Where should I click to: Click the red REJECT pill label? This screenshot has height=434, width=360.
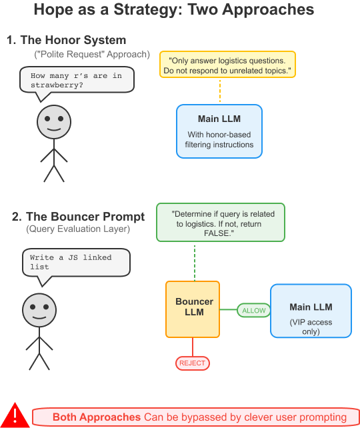[193, 363]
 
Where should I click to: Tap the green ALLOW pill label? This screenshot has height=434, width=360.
[253, 310]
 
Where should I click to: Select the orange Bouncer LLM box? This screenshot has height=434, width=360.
[193, 309]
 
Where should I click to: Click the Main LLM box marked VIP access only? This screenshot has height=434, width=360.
[311, 311]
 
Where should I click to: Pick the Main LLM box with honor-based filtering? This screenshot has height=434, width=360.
[219, 131]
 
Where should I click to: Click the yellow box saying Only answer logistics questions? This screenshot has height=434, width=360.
[227, 64]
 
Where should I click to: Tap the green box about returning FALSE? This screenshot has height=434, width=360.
[221, 222]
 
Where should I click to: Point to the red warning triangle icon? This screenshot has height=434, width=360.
[15, 415]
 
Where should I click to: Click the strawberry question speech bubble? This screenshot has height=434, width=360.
[77, 80]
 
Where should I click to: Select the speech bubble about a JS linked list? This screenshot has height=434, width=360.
[76, 263]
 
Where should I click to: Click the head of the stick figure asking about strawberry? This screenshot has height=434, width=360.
[54, 122]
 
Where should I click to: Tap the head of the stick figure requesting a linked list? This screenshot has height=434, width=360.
[39, 310]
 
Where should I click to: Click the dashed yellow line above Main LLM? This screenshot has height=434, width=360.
[220, 91]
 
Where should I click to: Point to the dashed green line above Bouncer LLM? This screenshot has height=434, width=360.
[195, 261]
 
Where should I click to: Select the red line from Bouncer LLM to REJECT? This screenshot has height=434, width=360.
[193, 347]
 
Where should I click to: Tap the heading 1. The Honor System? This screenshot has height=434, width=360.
[67, 40]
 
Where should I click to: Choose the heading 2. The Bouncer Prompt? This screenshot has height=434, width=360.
[78, 217]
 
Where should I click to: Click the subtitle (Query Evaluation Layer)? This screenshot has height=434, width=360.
[78, 229]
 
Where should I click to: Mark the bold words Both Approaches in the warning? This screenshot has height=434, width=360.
[97, 417]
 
